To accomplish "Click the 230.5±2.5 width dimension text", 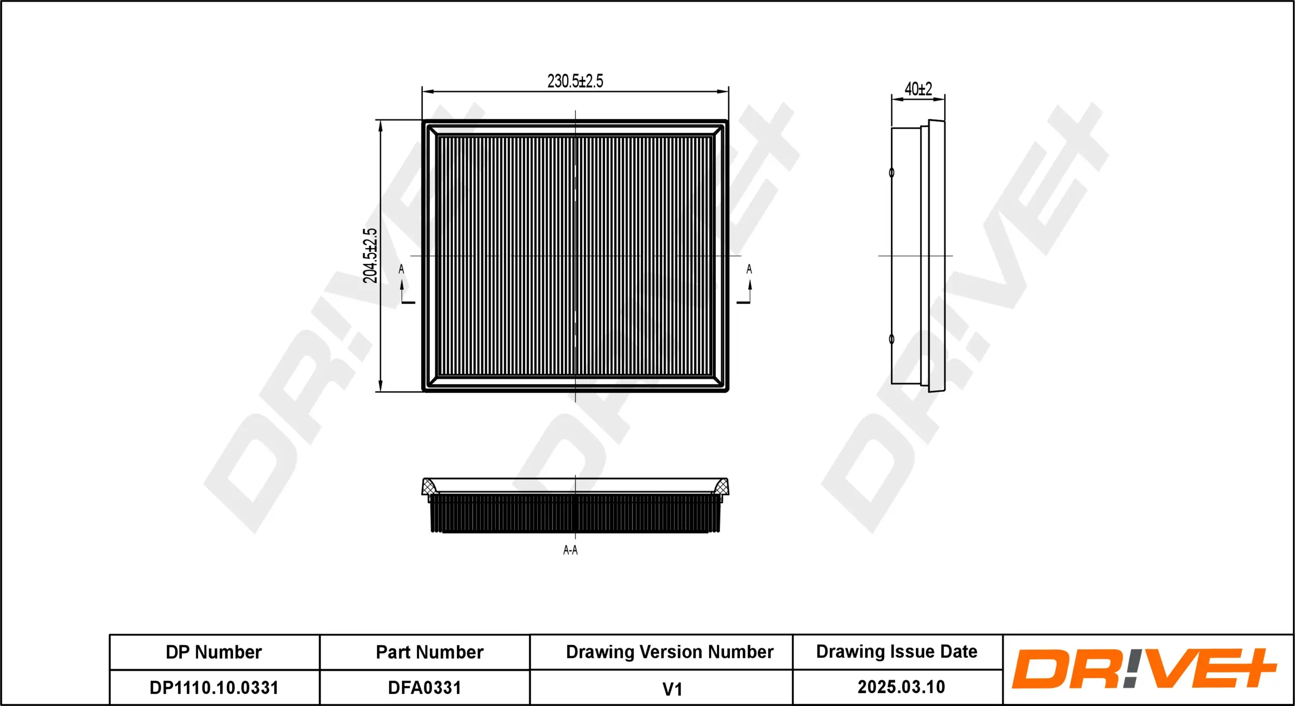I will click(575, 81).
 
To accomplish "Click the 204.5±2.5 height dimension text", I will click(370, 256).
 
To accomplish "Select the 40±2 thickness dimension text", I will click(918, 89).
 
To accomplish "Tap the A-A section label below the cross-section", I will click(570, 550).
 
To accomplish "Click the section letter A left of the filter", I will click(401, 269).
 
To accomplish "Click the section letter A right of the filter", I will click(749, 269).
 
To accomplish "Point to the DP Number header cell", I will click(214, 652).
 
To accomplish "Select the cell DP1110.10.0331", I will click(214, 688).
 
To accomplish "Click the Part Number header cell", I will click(429, 652).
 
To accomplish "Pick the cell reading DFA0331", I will click(424, 688).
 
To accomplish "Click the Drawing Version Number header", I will click(669, 652).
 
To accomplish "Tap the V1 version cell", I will click(672, 689).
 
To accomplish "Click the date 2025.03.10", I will click(901, 687).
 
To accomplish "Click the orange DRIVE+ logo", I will click(1144, 669).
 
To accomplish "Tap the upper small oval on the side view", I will click(891, 173).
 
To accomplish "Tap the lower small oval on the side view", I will click(891, 339).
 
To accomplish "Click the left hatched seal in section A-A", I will click(429, 487).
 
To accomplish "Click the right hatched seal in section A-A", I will click(721, 487).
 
